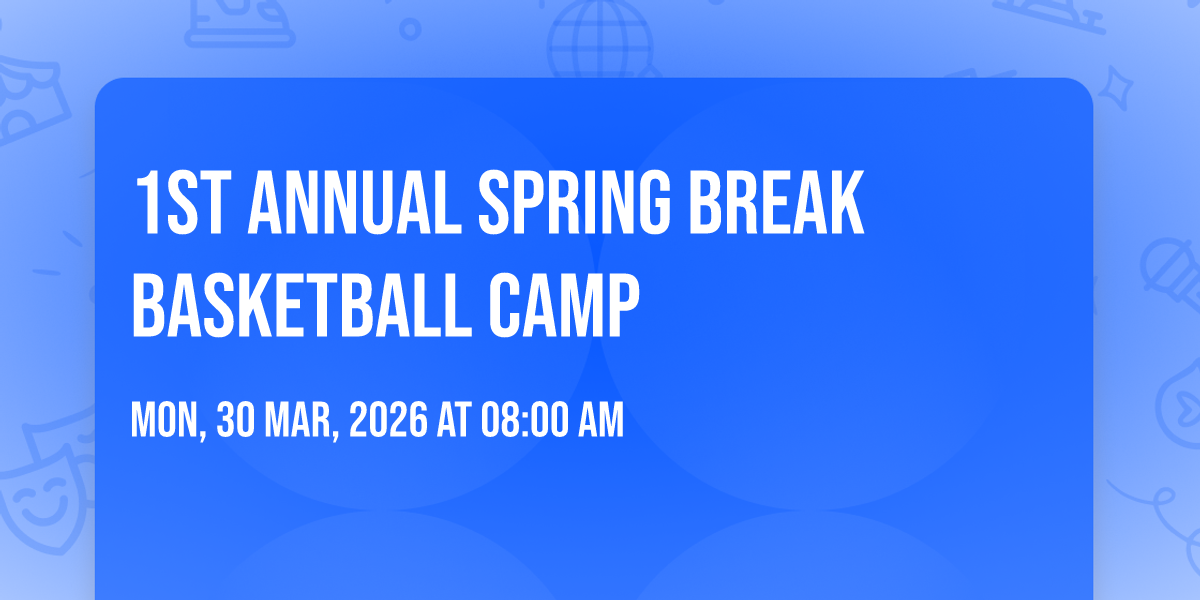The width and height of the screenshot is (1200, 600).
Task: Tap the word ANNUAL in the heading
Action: click(x=355, y=202)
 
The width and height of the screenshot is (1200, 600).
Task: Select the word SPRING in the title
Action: click(x=574, y=202)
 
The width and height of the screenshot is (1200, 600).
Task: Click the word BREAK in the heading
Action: click(x=776, y=202)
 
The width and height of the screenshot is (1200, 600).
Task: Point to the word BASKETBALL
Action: click(x=302, y=305)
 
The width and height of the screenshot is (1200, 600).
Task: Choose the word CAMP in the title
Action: click(x=564, y=305)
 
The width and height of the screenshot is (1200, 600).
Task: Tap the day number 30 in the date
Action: click(x=236, y=420)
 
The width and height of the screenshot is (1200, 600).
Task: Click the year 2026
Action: click(x=388, y=420)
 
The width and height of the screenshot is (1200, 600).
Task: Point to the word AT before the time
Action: click(x=454, y=420)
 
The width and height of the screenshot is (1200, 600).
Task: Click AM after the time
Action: click(x=601, y=420)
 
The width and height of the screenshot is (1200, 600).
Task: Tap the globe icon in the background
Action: click(x=600, y=38)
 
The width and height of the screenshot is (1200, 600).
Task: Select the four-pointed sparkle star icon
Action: click(x=1115, y=89)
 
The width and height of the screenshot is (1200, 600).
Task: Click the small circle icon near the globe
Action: click(x=410, y=29)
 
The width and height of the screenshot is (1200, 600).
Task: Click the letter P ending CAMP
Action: click(x=623, y=305)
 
